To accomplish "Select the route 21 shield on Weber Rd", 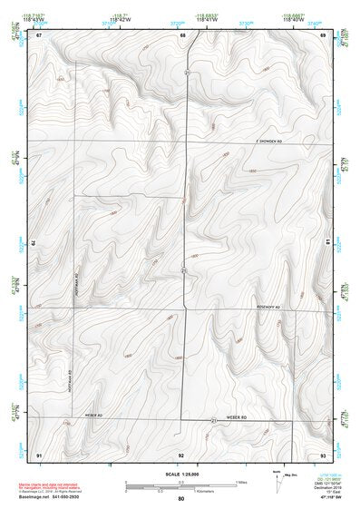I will pos(214,421).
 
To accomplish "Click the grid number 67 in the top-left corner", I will pos(39,34).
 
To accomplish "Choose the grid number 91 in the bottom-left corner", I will pos(39,454).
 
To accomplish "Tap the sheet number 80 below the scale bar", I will pos(181,498).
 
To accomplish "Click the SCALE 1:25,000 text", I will pos(181,475).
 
